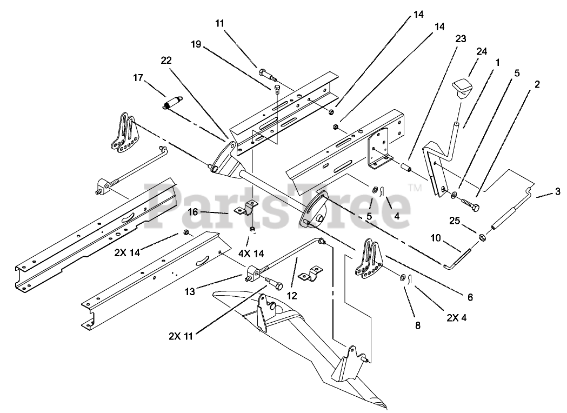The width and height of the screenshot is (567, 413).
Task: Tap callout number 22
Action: (x=166, y=61)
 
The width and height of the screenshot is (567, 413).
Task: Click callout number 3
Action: (x=558, y=191)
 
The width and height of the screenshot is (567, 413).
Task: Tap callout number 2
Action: (x=537, y=84)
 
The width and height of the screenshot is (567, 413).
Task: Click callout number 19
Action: (x=195, y=45)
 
